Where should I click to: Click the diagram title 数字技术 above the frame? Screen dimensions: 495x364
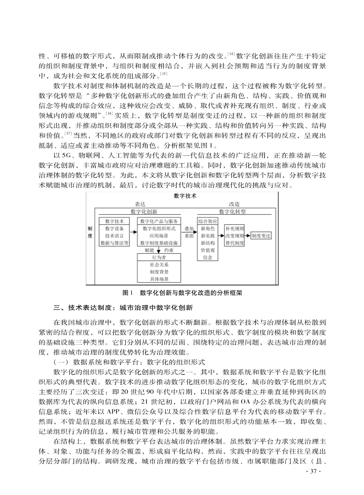coord(185,196)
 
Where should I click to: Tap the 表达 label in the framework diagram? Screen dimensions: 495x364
coord(140,204)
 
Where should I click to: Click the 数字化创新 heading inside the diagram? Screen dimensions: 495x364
coord(144,211)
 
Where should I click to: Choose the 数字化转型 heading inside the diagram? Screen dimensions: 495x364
coord(232,211)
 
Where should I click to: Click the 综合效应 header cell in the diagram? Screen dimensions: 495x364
coord(207,221)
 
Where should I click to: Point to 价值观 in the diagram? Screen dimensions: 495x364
coord(207,250)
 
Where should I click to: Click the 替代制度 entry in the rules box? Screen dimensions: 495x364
coord(234,243)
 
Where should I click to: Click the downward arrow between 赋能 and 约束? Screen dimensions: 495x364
coord(158,250)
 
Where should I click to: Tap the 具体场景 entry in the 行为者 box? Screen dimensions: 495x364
coord(159,279)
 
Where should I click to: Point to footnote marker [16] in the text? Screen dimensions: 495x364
coord(109,113)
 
